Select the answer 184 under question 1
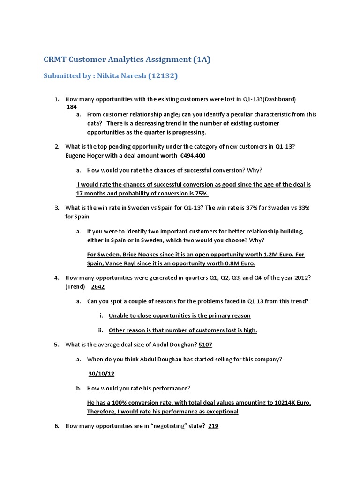pyautogui.click(x=72, y=106)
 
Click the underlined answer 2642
pyautogui.click(x=97, y=286)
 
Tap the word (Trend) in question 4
pyautogui.click(x=75, y=286)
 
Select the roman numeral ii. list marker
pyautogui.click(x=100, y=330)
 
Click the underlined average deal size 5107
pyautogui.click(x=206, y=345)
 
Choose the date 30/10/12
pyautogui.click(x=101, y=374)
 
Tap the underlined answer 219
pyautogui.click(x=213, y=426)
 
